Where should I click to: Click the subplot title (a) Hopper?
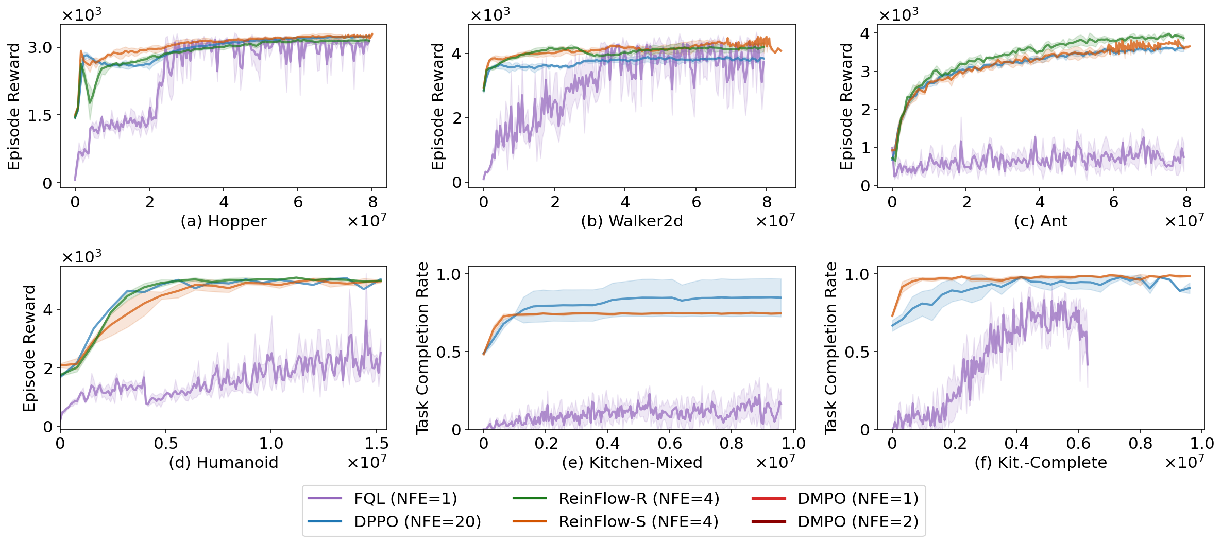[x=223, y=221]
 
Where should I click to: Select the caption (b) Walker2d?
[x=632, y=221]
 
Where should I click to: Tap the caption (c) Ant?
[x=1041, y=221]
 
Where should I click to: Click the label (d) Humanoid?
[x=223, y=462]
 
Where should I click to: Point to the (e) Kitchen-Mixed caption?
[x=632, y=462]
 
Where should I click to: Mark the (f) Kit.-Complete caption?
[x=1041, y=462]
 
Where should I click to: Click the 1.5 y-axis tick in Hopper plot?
[x=40, y=115]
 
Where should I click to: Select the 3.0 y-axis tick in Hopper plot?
[x=40, y=47]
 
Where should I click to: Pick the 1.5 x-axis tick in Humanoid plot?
[x=377, y=443]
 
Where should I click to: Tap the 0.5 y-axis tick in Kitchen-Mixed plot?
[x=449, y=352]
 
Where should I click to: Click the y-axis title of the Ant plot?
[x=846, y=106]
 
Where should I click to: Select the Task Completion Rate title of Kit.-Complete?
[x=830, y=348]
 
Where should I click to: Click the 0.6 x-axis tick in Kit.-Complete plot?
[x=1078, y=443]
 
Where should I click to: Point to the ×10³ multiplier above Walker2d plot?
[x=489, y=14]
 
